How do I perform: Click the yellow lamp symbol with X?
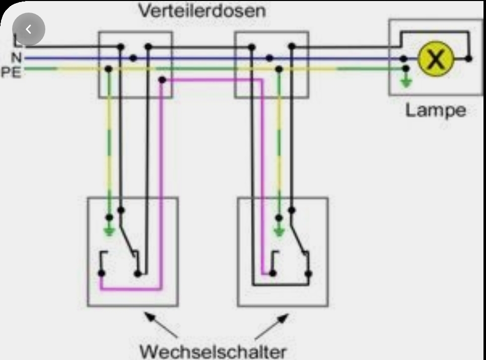click(x=436, y=59)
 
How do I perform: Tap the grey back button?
click(x=29, y=29)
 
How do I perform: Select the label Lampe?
click(x=436, y=110)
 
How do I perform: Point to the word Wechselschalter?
click(x=213, y=351)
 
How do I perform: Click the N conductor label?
click(x=17, y=57)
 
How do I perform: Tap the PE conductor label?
click(x=11, y=72)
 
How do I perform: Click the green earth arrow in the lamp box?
click(x=406, y=81)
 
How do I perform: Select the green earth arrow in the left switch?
click(x=109, y=230)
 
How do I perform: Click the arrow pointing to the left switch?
click(x=161, y=325)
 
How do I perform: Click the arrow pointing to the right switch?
click(x=271, y=326)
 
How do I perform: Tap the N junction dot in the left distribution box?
click(x=133, y=58)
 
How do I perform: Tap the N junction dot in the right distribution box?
click(x=269, y=58)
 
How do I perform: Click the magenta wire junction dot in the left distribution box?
click(x=162, y=80)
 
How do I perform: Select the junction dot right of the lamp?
click(x=469, y=58)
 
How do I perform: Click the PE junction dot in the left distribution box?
click(x=108, y=69)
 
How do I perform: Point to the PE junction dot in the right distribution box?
click(x=279, y=69)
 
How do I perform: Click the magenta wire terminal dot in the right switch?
click(x=272, y=273)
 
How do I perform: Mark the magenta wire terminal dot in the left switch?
click(x=102, y=273)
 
